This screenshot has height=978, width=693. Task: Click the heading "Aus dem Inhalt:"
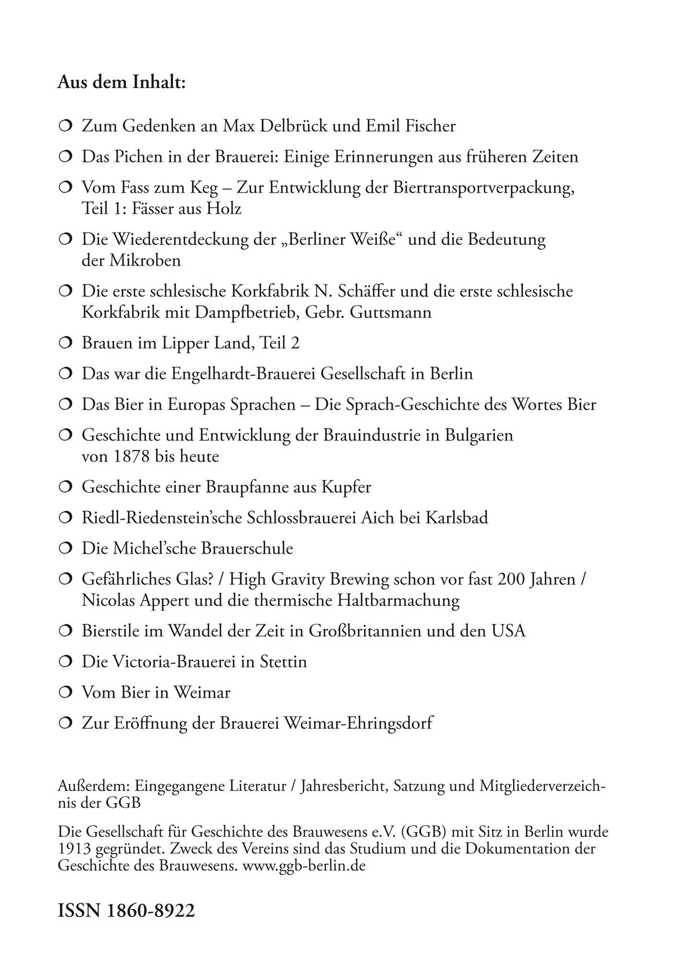coord(121,83)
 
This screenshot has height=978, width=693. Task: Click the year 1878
coord(132,456)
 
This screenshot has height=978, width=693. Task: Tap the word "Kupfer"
coord(345,487)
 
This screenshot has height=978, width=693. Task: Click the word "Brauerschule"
coord(247,548)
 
